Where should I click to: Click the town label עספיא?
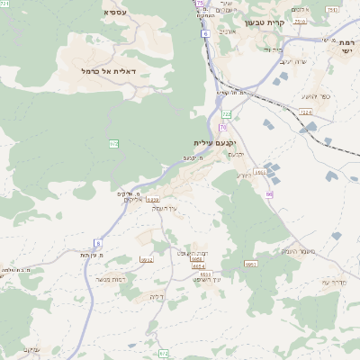coord(115,12)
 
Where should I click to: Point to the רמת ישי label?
coord(346,46)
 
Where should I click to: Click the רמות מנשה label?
coord(117,282)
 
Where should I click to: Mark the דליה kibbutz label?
coord(157,297)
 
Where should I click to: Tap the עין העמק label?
coord(166,208)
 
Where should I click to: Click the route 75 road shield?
coord(199,4)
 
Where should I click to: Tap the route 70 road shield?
coord(222,128)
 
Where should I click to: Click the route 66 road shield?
coord(268,193)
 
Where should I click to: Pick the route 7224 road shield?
coord(306,112)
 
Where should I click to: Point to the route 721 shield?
coord(4,4)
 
